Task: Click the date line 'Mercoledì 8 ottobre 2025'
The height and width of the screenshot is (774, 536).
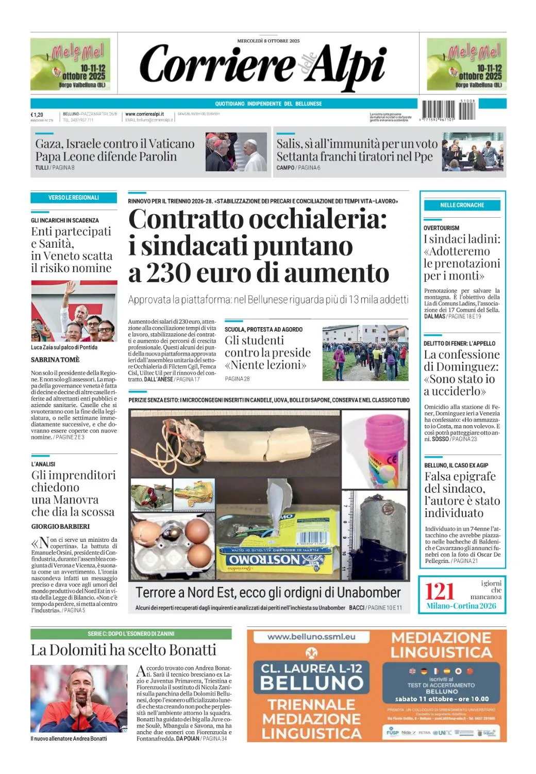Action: tap(268, 41)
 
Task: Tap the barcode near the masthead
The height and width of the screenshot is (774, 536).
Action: tap(448, 110)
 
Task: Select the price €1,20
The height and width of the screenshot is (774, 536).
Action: tap(37, 115)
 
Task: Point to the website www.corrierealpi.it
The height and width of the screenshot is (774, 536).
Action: tap(144, 114)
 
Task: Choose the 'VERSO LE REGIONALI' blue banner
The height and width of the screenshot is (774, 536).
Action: tap(74, 198)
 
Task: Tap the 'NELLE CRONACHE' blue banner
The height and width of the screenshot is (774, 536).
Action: tap(462, 205)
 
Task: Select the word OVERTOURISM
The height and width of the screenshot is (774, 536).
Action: tap(441, 228)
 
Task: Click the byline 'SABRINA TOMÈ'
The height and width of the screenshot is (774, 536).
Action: tap(55, 360)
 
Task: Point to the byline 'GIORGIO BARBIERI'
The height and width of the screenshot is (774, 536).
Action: tap(60, 526)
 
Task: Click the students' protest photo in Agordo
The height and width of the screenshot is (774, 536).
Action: tap(365, 353)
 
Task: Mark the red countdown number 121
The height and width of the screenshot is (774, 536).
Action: tap(439, 591)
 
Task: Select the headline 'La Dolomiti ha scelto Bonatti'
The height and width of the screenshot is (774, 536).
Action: tap(124, 650)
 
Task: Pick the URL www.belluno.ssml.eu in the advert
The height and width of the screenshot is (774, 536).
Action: tap(311, 637)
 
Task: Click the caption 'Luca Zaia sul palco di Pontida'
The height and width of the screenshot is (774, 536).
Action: tap(64, 347)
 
